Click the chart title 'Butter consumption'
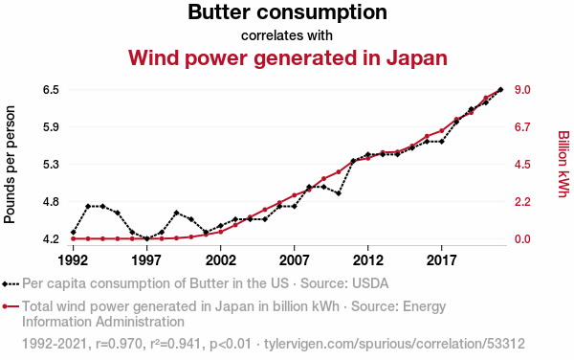(x=287, y=12)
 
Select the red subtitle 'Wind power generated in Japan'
(x=288, y=57)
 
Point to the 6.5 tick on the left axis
(x=52, y=90)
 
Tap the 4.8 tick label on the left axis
(x=52, y=202)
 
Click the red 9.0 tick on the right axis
(x=522, y=90)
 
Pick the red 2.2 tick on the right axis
(x=522, y=202)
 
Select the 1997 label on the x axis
(x=146, y=260)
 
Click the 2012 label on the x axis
(x=368, y=260)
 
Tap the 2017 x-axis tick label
(x=441, y=260)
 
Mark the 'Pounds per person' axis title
(x=10, y=165)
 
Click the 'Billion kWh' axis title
(x=563, y=164)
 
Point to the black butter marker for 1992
(x=74, y=233)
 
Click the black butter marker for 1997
(x=146, y=238)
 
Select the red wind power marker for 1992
(x=74, y=238)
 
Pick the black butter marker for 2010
(x=339, y=193)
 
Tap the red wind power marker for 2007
(x=295, y=195)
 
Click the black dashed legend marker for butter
(x=11, y=283)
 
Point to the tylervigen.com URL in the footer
(x=394, y=344)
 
